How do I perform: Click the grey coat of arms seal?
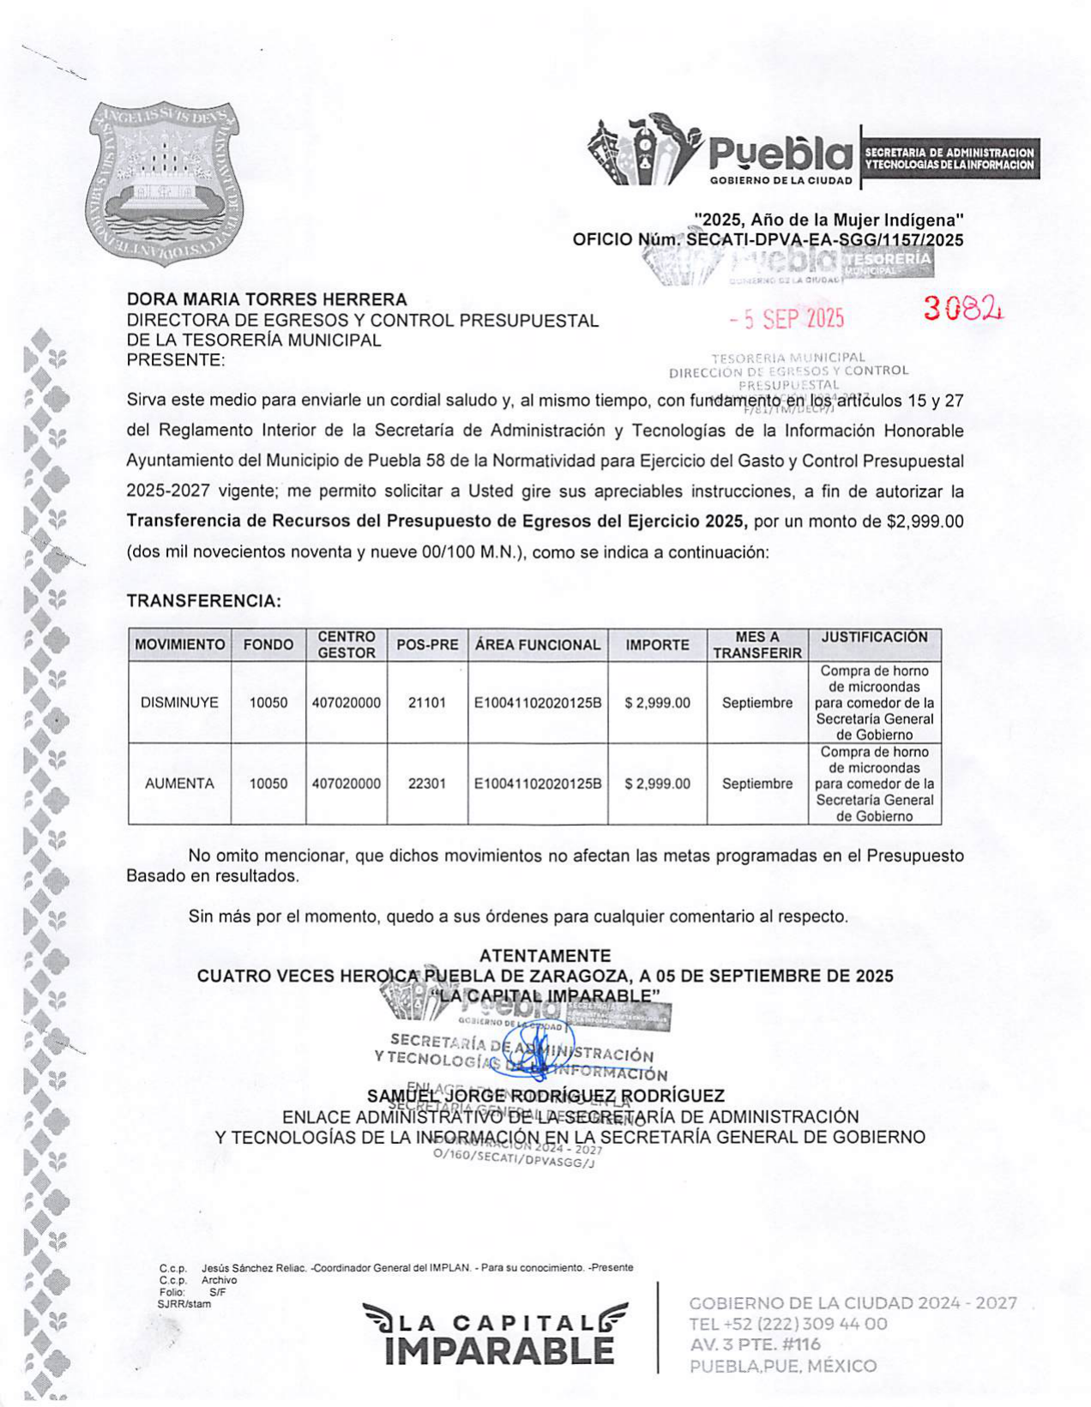pos(162,183)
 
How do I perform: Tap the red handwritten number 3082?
pos(962,309)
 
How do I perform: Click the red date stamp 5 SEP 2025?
pos(787,319)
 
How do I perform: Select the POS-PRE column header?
pos(427,645)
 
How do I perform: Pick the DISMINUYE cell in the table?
pos(179,703)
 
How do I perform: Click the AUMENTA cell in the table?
pos(179,784)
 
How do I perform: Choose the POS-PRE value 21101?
pos(427,703)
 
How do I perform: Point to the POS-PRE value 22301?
pos(427,784)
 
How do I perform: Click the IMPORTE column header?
pos(657,645)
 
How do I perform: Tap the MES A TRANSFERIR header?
pos(757,645)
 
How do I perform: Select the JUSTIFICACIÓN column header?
pos(874,637)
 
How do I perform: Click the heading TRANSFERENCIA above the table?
pos(204,601)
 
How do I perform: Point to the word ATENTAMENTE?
pos(545,955)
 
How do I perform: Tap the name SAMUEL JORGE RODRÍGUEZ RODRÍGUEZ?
pos(545,1096)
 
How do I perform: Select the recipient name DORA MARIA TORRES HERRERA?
pos(267,299)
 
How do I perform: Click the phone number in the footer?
pos(788,1324)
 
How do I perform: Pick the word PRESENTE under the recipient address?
pos(175,360)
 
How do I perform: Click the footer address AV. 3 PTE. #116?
pos(754,1344)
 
